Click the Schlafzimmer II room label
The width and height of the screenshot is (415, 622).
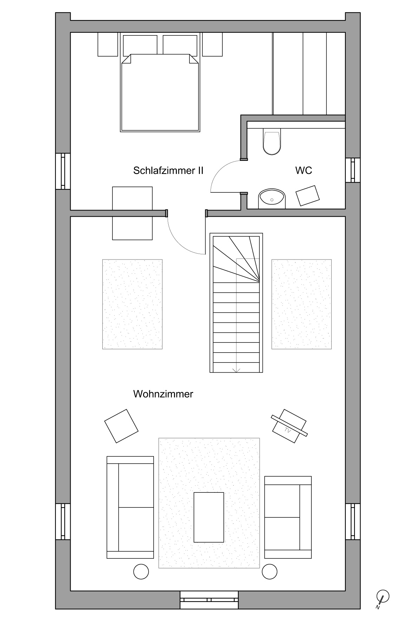(x=168, y=170)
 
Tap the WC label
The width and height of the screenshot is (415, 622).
(x=304, y=170)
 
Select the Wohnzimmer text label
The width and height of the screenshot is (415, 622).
(x=163, y=394)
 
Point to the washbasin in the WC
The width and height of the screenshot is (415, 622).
(x=272, y=199)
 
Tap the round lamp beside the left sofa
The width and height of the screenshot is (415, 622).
(x=141, y=571)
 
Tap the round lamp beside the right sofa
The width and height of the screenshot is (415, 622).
(x=270, y=571)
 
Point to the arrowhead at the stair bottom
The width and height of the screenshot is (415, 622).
(x=236, y=370)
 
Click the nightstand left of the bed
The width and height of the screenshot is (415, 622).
(x=108, y=44)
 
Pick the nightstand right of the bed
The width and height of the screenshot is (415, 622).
(x=212, y=44)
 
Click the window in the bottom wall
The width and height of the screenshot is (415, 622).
(x=209, y=600)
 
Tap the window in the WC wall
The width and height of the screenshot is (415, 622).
(x=353, y=170)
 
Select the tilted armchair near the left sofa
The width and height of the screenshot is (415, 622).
(x=121, y=426)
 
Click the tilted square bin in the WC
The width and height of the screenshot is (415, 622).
(x=308, y=196)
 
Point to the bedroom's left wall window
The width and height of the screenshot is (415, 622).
(x=63, y=171)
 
